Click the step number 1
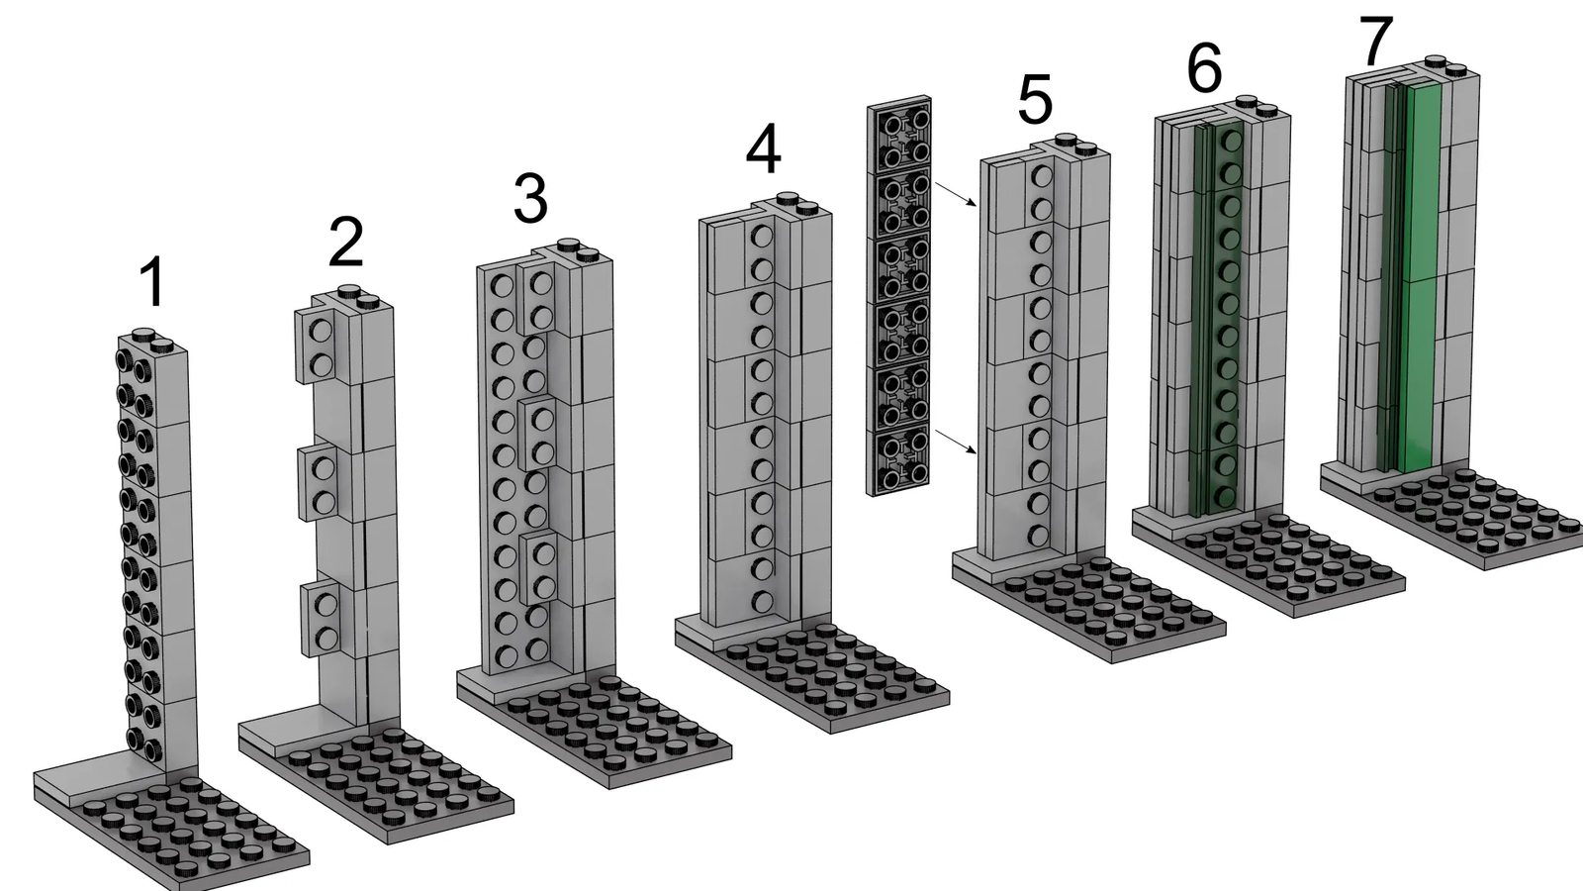coord(152,282)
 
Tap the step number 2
coord(346,243)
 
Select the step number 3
coord(530,199)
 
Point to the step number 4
coord(764,149)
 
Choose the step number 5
coord(1035,102)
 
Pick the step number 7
coord(1375,41)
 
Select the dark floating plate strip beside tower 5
coord(899,296)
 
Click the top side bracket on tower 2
coord(322,346)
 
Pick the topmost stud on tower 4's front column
coord(761,237)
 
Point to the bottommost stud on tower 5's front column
coord(1038,536)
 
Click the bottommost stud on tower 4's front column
coord(763,601)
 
